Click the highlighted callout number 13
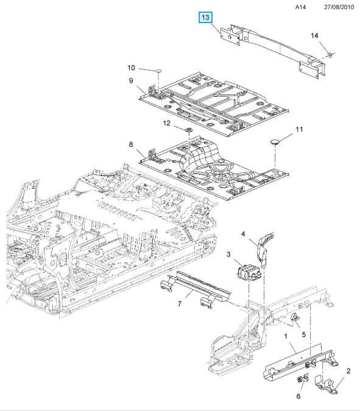point(205,17)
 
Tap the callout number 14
point(314,36)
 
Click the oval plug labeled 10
point(159,71)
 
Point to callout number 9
point(131,81)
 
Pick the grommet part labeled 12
point(188,130)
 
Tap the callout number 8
point(131,144)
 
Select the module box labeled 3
point(249,272)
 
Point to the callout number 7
point(180,304)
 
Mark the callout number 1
point(286,336)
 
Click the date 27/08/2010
point(339,7)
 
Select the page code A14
point(300,7)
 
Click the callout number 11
point(299,130)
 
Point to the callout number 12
point(166,123)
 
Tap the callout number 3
point(228,255)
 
